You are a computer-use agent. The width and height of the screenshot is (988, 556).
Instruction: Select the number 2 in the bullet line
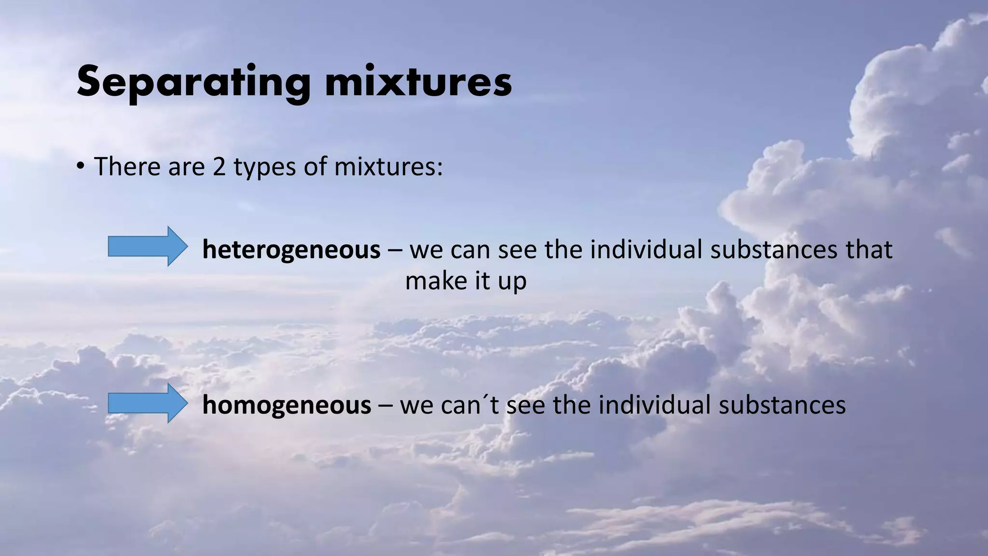[220, 167]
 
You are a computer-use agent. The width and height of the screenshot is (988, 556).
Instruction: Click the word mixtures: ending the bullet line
[388, 167]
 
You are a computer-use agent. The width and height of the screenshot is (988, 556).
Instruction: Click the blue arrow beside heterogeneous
[147, 246]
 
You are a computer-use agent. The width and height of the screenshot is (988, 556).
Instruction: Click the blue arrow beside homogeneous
[147, 403]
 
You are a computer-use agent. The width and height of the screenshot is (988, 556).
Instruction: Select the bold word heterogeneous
[291, 250]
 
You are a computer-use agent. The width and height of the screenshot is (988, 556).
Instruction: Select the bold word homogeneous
[287, 405]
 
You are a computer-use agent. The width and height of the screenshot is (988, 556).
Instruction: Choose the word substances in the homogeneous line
[782, 405]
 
